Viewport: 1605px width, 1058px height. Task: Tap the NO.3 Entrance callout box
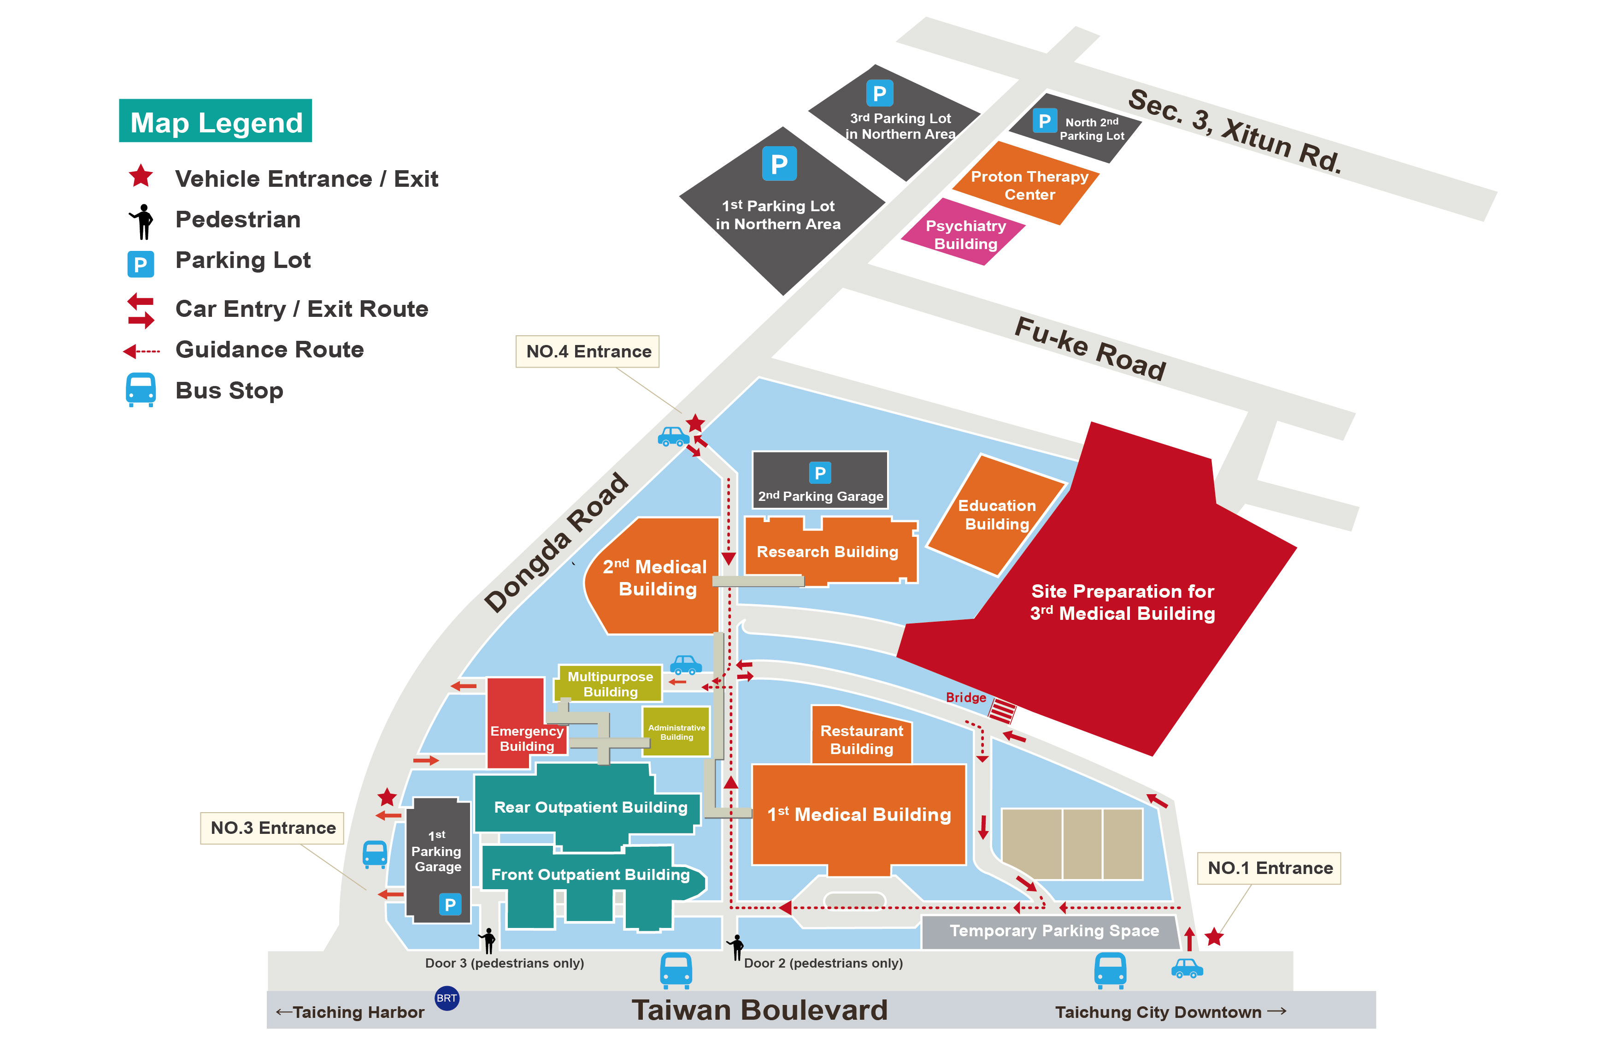click(272, 828)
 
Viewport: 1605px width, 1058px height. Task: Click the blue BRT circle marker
click(447, 998)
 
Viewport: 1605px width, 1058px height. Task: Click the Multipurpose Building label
click(610, 684)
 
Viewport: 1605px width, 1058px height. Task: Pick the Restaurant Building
click(861, 739)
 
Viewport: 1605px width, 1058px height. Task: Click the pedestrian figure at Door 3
click(488, 939)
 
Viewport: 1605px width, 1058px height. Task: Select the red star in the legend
click(141, 177)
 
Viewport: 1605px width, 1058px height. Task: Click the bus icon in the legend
click(141, 389)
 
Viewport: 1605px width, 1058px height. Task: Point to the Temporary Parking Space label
click(1053, 931)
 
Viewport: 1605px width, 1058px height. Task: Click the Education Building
click(997, 514)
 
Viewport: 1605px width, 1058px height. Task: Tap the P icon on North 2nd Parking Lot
click(1044, 121)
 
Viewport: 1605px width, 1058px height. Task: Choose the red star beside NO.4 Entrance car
click(695, 424)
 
